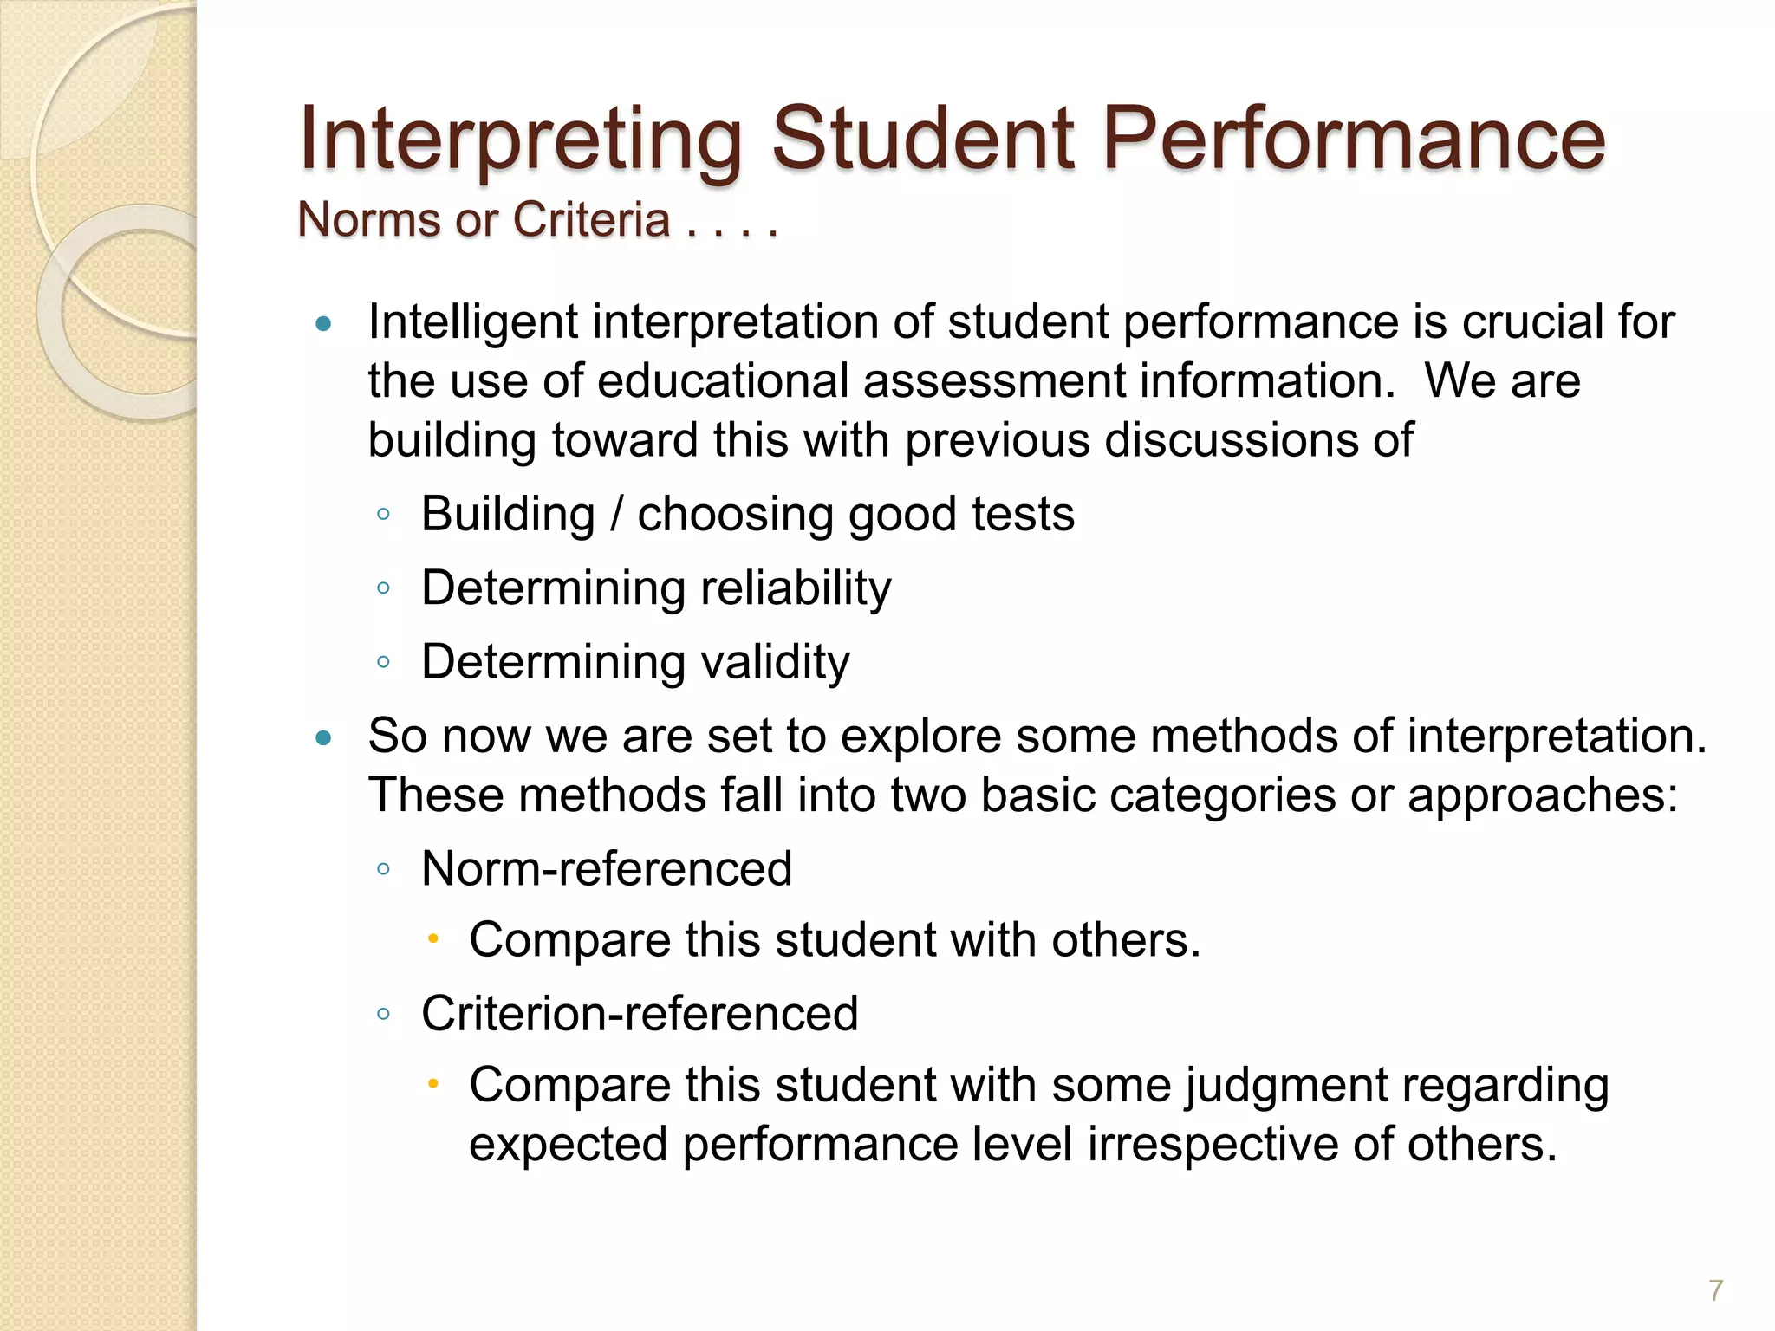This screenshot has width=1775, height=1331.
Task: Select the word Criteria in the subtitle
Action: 591,219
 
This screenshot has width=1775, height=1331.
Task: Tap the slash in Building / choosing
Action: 616,515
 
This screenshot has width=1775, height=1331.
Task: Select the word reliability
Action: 796,588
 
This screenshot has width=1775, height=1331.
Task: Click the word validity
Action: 775,662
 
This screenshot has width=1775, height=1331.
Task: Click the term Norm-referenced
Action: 607,868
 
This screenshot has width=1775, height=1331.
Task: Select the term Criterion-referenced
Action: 640,1013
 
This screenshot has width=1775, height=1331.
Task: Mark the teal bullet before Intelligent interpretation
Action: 324,326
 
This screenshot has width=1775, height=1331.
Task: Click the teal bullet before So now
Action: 324,739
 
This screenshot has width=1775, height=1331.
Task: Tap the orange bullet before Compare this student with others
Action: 434,938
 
